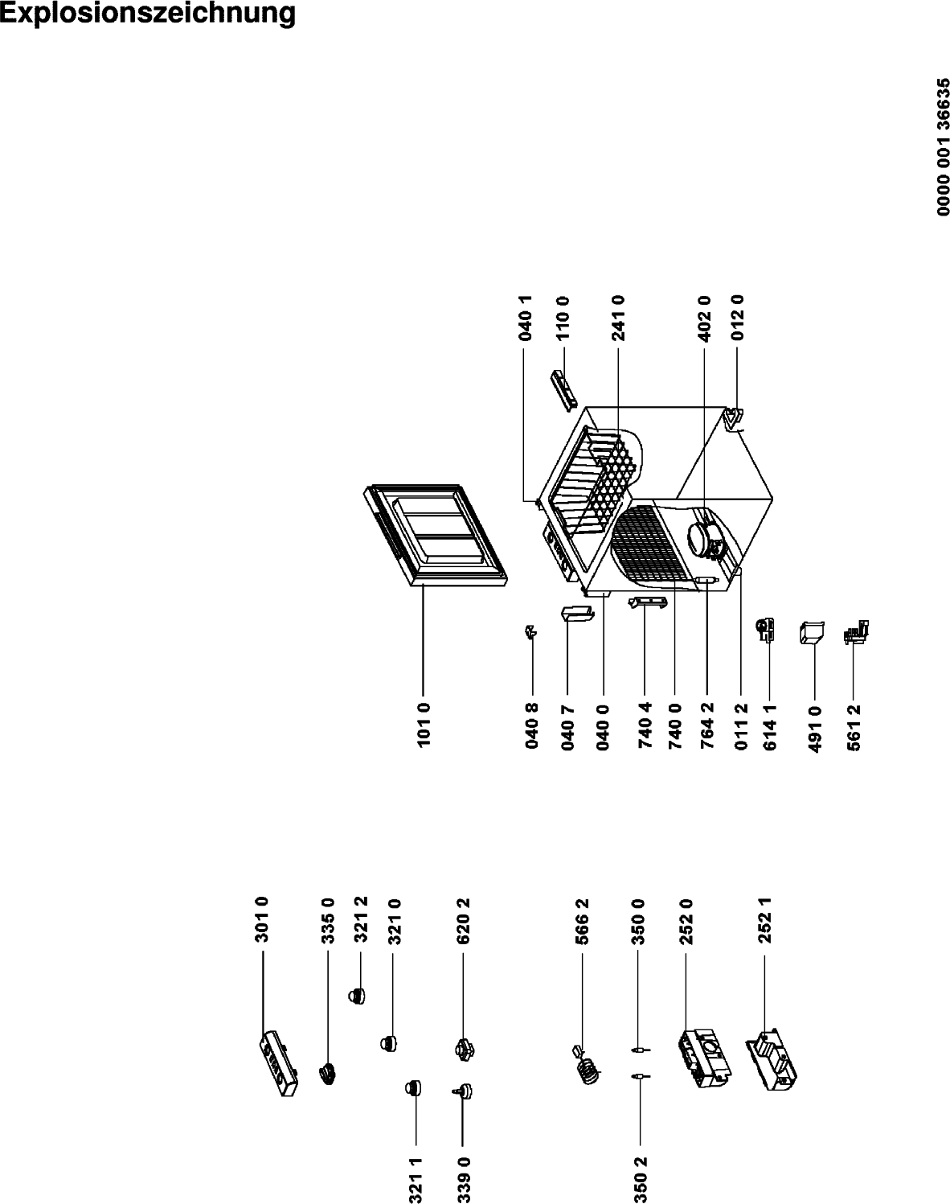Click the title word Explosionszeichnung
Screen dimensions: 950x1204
[148, 14]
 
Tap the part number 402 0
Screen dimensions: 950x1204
[704, 319]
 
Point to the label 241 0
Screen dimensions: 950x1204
[618, 319]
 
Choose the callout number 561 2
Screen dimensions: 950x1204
[854, 727]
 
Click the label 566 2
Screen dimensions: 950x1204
[582, 922]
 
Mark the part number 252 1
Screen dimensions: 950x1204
[765, 920]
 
